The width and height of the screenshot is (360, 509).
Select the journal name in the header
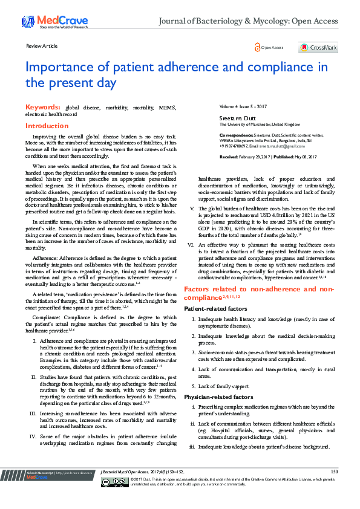(x=248, y=21)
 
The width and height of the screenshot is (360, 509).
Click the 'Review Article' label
(x=42, y=46)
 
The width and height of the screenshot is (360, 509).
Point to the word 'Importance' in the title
(x=64, y=66)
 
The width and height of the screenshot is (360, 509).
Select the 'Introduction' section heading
(x=47, y=126)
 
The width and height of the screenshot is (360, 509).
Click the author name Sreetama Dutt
(x=235, y=117)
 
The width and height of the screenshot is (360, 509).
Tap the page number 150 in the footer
(x=335, y=471)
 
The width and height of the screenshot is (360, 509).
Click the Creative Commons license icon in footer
(x=113, y=482)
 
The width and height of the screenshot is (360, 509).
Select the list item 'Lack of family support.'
(x=226, y=386)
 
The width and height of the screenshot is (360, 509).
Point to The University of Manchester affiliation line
(x=261, y=124)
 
